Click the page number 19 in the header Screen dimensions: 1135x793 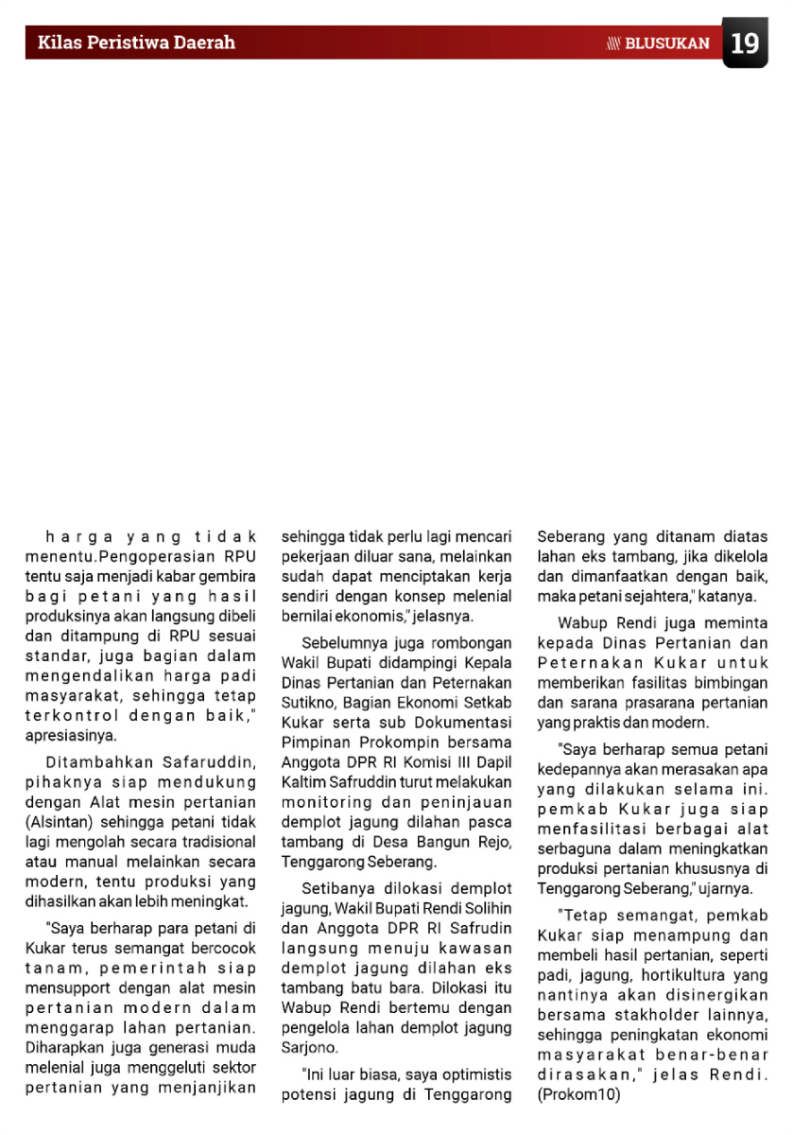[x=745, y=44]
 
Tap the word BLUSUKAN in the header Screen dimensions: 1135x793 [x=667, y=44]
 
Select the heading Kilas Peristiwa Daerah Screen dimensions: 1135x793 [x=136, y=43]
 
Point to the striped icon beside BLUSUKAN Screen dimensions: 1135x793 [x=613, y=44]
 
